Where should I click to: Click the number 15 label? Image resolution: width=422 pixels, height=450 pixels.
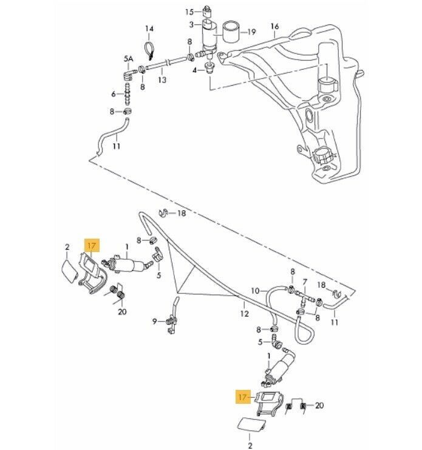(189, 12)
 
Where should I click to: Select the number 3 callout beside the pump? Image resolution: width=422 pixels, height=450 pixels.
(191, 24)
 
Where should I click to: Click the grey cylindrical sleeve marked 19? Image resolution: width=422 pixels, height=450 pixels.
(230, 31)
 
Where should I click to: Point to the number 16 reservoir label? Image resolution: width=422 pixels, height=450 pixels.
(274, 27)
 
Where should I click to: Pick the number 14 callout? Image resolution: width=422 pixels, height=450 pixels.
(149, 29)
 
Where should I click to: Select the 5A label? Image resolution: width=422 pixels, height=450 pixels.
(128, 58)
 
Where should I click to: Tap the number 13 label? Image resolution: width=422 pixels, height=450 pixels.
(162, 80)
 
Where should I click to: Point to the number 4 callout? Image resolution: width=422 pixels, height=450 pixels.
(194, 70)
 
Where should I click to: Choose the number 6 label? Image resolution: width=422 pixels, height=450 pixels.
(113, 94)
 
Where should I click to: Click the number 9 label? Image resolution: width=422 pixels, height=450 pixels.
(155, 321)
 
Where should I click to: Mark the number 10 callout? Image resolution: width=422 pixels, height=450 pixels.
(255, 291)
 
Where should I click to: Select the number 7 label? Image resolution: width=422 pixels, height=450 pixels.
(305, 282)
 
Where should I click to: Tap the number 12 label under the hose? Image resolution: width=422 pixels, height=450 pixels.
(244, 314)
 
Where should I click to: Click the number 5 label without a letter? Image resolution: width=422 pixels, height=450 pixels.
(159, 275)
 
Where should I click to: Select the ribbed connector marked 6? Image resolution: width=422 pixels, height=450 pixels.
(128, 94)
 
